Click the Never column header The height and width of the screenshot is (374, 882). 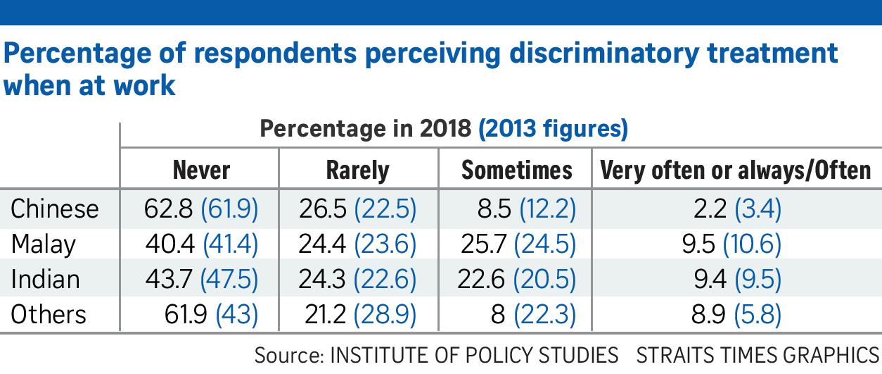coord(201,170)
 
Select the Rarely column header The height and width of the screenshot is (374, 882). coord(357,171)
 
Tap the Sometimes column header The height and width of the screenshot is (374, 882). coord(516,170)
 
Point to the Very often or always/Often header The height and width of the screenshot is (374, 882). coord(735,171)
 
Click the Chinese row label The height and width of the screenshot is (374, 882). coord(54,208)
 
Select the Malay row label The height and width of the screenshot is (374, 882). coord(44,244)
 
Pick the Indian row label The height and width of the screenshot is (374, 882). coord(45,280)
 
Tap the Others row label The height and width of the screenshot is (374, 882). coord(49,315)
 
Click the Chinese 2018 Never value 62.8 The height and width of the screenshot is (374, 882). coord(168,208)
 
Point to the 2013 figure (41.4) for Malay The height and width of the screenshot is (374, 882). coord(230,244)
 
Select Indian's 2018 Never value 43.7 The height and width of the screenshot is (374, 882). coord(169,280)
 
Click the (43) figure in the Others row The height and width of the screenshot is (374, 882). coord(236,315)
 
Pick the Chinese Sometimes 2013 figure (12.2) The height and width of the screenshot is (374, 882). coord(548,208)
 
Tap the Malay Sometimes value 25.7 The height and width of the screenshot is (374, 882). coord(483,244)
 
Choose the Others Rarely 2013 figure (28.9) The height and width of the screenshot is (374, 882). coord(385,315)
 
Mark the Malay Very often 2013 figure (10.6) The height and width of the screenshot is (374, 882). coord(752,244)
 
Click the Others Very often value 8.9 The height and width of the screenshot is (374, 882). coord(708,315)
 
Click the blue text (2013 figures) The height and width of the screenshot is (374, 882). coord(553,129)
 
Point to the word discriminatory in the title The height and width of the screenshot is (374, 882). coord(603,54)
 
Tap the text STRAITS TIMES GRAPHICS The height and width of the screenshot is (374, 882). coord(758,355)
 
